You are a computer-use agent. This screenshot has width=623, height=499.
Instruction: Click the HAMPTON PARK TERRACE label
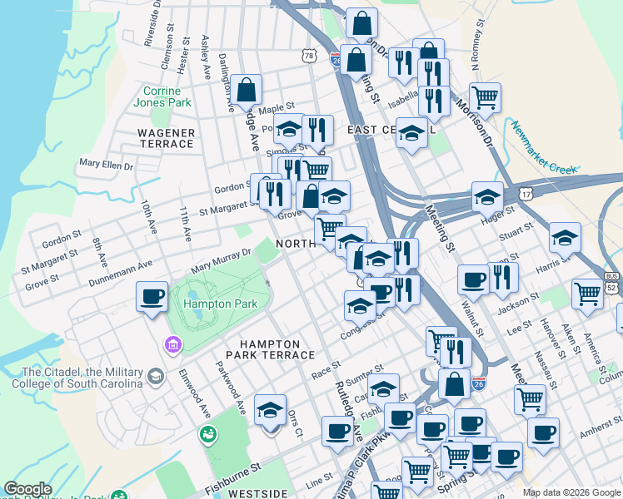(x=270, y=349)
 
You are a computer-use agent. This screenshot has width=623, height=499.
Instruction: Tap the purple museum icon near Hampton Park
(x=173, y=344)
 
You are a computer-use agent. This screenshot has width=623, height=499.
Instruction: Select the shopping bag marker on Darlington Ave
(x=247, y=89)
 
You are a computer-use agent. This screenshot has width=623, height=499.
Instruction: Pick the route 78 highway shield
(x=310, y=57)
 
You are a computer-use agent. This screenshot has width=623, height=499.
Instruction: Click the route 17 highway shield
(x=526, y=193)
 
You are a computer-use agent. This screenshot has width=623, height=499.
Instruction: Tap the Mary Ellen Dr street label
(x=106, y=165)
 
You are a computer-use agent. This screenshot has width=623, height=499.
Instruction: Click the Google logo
(x=27, y=489)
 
